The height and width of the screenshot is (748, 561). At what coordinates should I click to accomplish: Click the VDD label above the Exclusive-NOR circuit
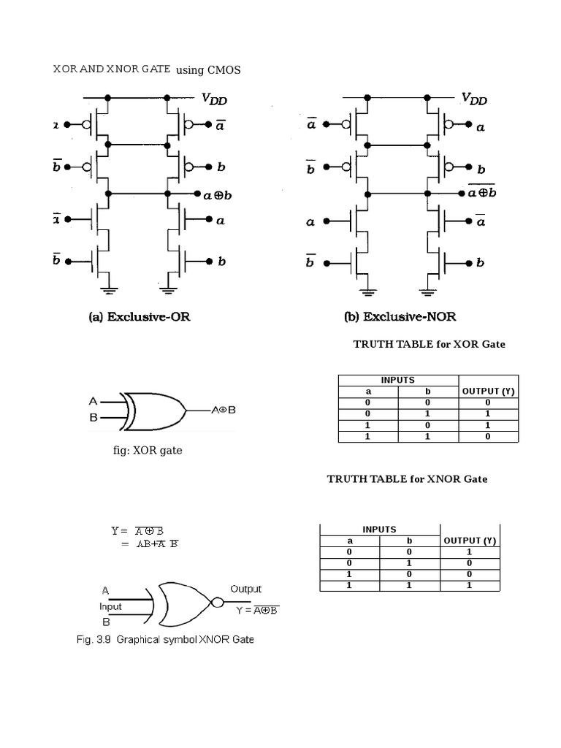[475, 99]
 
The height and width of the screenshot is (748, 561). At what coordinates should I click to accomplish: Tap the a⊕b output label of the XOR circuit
[217, 194]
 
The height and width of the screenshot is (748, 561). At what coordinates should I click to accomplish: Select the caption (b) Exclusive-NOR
[400, 317]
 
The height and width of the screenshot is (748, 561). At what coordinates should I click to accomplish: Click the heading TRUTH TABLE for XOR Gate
[430, 344]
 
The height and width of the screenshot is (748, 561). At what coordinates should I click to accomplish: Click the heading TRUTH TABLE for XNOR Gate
[407, 479]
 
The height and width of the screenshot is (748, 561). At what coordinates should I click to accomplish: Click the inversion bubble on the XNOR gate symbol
[217, 603]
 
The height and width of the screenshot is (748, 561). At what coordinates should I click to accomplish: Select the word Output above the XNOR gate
[245, 589]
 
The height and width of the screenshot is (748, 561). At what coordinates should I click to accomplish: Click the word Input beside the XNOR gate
[110, 606]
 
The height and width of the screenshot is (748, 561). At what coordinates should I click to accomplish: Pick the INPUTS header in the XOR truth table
[397, 380]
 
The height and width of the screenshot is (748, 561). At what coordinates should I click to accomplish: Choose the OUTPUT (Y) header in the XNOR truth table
[470, 541]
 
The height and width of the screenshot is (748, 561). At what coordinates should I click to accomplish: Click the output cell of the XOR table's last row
[488, 436]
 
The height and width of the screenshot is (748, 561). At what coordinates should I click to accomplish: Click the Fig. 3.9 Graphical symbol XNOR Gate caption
[165, 640]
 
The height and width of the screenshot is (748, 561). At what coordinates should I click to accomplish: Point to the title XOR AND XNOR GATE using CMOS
[147, 69]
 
